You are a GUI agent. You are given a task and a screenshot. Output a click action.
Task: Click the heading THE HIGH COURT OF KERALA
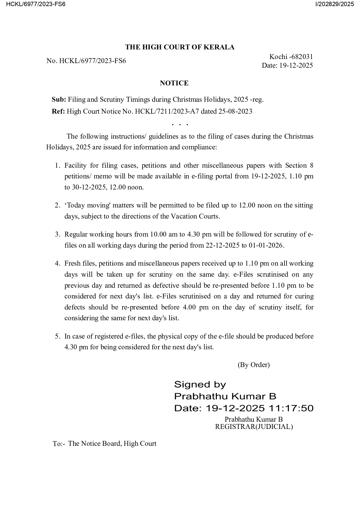(180, 47)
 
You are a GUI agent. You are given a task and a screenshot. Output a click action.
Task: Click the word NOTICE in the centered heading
(174, 83)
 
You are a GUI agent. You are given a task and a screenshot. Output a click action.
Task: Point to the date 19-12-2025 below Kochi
(296, 65)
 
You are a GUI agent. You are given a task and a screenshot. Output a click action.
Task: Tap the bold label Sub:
(59, 100)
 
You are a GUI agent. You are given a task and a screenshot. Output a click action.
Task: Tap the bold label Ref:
(58, 111)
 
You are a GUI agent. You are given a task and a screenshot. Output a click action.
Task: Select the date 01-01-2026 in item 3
(266, 245)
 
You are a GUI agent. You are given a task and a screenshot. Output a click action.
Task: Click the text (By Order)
(254, 365)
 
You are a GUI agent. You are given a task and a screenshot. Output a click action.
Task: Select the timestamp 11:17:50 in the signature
(291, 408)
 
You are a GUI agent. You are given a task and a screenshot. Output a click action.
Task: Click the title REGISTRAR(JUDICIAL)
(254, 427)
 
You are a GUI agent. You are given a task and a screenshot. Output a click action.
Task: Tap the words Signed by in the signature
(200, 384)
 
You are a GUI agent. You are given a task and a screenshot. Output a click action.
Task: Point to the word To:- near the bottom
(59, 444)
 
